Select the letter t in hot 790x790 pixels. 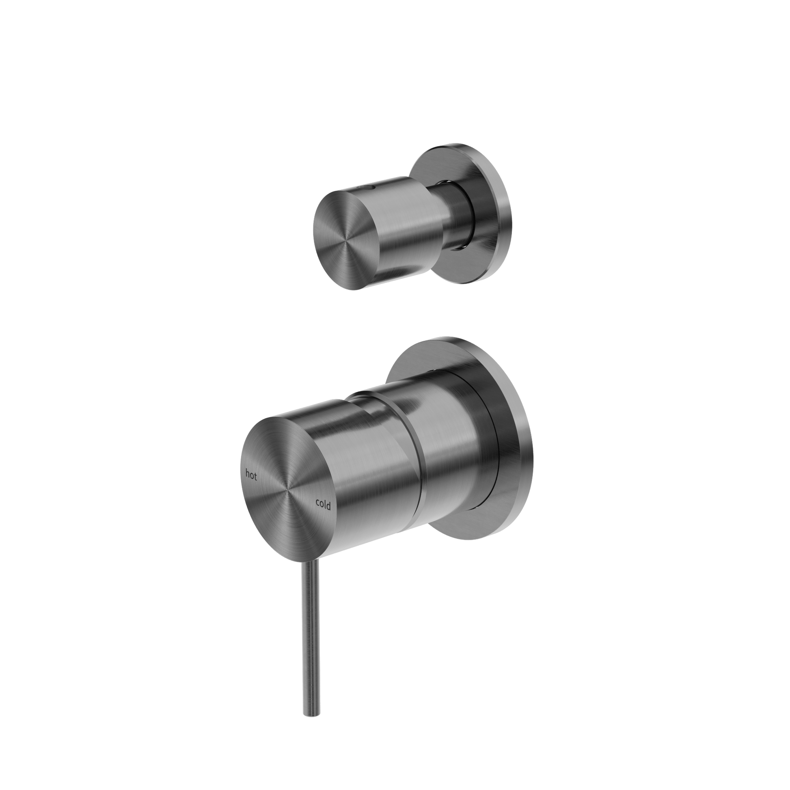[256, 476]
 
